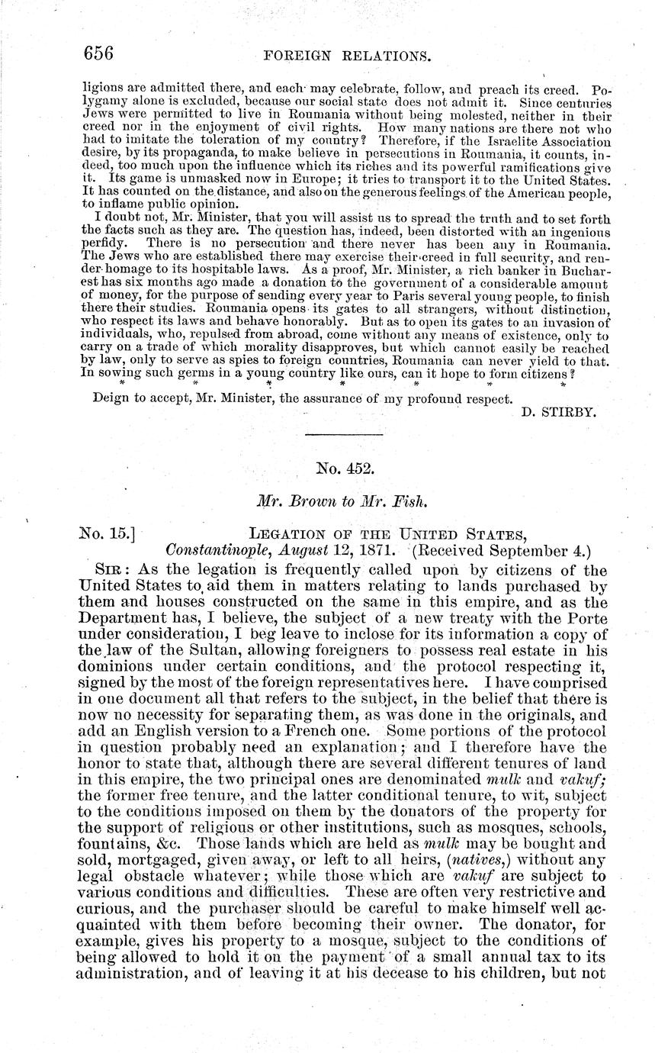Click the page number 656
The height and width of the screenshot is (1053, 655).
click(98, 53)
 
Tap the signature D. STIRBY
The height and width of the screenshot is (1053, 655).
click(559, 413)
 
